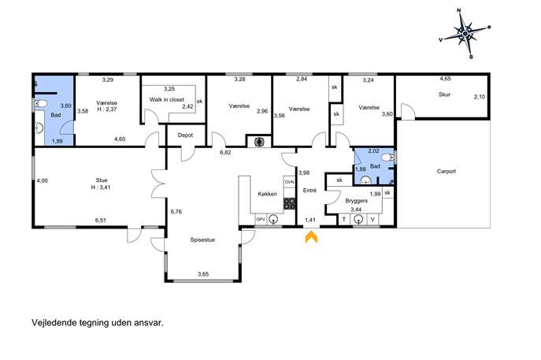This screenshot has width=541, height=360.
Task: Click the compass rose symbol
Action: [465, 33]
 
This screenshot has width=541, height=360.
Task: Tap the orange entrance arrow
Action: [311, 237]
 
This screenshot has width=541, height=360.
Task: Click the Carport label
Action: [447, 171]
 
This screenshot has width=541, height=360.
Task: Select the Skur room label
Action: [444, 95]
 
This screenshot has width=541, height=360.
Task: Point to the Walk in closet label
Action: [167, 99]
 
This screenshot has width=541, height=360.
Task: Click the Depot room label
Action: [185, 135]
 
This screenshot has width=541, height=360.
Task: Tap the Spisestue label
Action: [202, 239]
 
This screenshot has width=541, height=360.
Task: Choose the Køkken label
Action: [268, 194]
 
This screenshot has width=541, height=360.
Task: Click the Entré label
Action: [309, 190]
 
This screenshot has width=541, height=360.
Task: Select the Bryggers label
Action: [357, 201]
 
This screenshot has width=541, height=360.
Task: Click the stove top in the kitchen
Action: [290, 203]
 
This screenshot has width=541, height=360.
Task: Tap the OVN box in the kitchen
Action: [290, 182]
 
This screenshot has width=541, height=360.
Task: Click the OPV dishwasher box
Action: [261, 219]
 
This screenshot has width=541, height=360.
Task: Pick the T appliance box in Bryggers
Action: [344, 220]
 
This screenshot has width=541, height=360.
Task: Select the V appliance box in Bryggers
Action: [372, 220]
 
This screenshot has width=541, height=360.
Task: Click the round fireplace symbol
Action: [259, 142]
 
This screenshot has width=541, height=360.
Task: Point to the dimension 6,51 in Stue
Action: [100, 221]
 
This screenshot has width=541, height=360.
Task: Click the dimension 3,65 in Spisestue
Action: [203, 274]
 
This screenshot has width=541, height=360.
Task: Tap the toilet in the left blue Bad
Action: [41, 103]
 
